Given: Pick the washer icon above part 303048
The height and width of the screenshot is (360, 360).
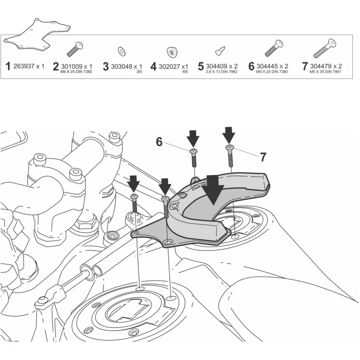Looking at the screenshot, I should [x=122, y=51].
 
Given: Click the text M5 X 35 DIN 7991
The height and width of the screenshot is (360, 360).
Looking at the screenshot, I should [x=326, y=72].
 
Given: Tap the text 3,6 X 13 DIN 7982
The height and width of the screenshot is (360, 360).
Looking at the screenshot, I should [x=222, y=72].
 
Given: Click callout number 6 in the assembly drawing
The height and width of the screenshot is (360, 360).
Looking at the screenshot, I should [x=159, y=142].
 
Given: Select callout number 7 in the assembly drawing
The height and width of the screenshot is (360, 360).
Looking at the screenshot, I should [x=263, y=157].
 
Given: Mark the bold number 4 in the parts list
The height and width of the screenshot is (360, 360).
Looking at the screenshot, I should [x=154, y=66].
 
